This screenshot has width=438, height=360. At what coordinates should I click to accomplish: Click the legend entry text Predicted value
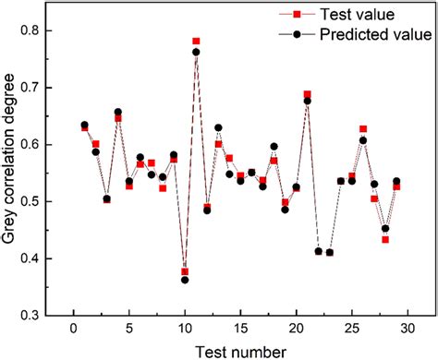(374, 35)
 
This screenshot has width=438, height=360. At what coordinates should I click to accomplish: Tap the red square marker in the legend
(297, 15)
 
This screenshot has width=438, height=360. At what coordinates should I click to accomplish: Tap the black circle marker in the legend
(297, 35)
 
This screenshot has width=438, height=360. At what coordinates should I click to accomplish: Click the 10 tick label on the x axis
(185, 330)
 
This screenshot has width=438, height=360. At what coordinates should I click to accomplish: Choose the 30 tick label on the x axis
(408, 330)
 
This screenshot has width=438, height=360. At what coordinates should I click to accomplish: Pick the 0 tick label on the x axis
(74, 330)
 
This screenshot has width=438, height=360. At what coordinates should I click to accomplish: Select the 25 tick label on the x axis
(352, 330)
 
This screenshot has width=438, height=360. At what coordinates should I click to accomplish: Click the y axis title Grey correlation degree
(13, 173)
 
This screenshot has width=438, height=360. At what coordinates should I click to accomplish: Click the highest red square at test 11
(196, 42)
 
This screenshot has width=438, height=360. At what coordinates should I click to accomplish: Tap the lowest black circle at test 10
(185, 279)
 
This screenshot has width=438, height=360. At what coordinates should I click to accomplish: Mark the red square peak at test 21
(308, 94)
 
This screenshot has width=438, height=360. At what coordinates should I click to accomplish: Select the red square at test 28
(385, 239)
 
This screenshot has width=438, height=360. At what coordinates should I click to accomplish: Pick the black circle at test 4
(118, 112)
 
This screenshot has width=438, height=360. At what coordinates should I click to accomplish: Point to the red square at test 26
(363, 129)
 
